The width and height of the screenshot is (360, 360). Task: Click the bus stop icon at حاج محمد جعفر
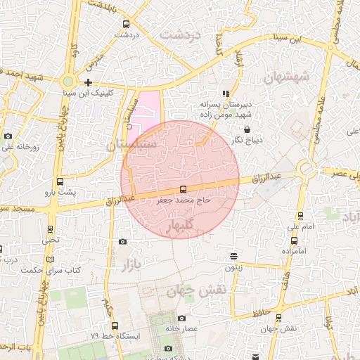tap(184, 189)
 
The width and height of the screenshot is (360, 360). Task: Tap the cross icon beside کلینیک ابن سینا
tap(88, 83)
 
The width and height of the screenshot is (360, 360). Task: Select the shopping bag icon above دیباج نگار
tap(247, 129)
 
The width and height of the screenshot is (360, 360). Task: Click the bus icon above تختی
tap(50, 229)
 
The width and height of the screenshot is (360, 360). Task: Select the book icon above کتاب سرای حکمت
tap(49, 260)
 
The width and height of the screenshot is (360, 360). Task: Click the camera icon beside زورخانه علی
tap(8, 136)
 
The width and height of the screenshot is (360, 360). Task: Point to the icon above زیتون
tap(233, 256)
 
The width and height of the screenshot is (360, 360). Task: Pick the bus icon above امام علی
tap(301, 217)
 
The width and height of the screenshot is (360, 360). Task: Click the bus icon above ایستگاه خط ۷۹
tap(115, 326)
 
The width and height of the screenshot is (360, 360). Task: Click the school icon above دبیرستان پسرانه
tap(226, 93)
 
